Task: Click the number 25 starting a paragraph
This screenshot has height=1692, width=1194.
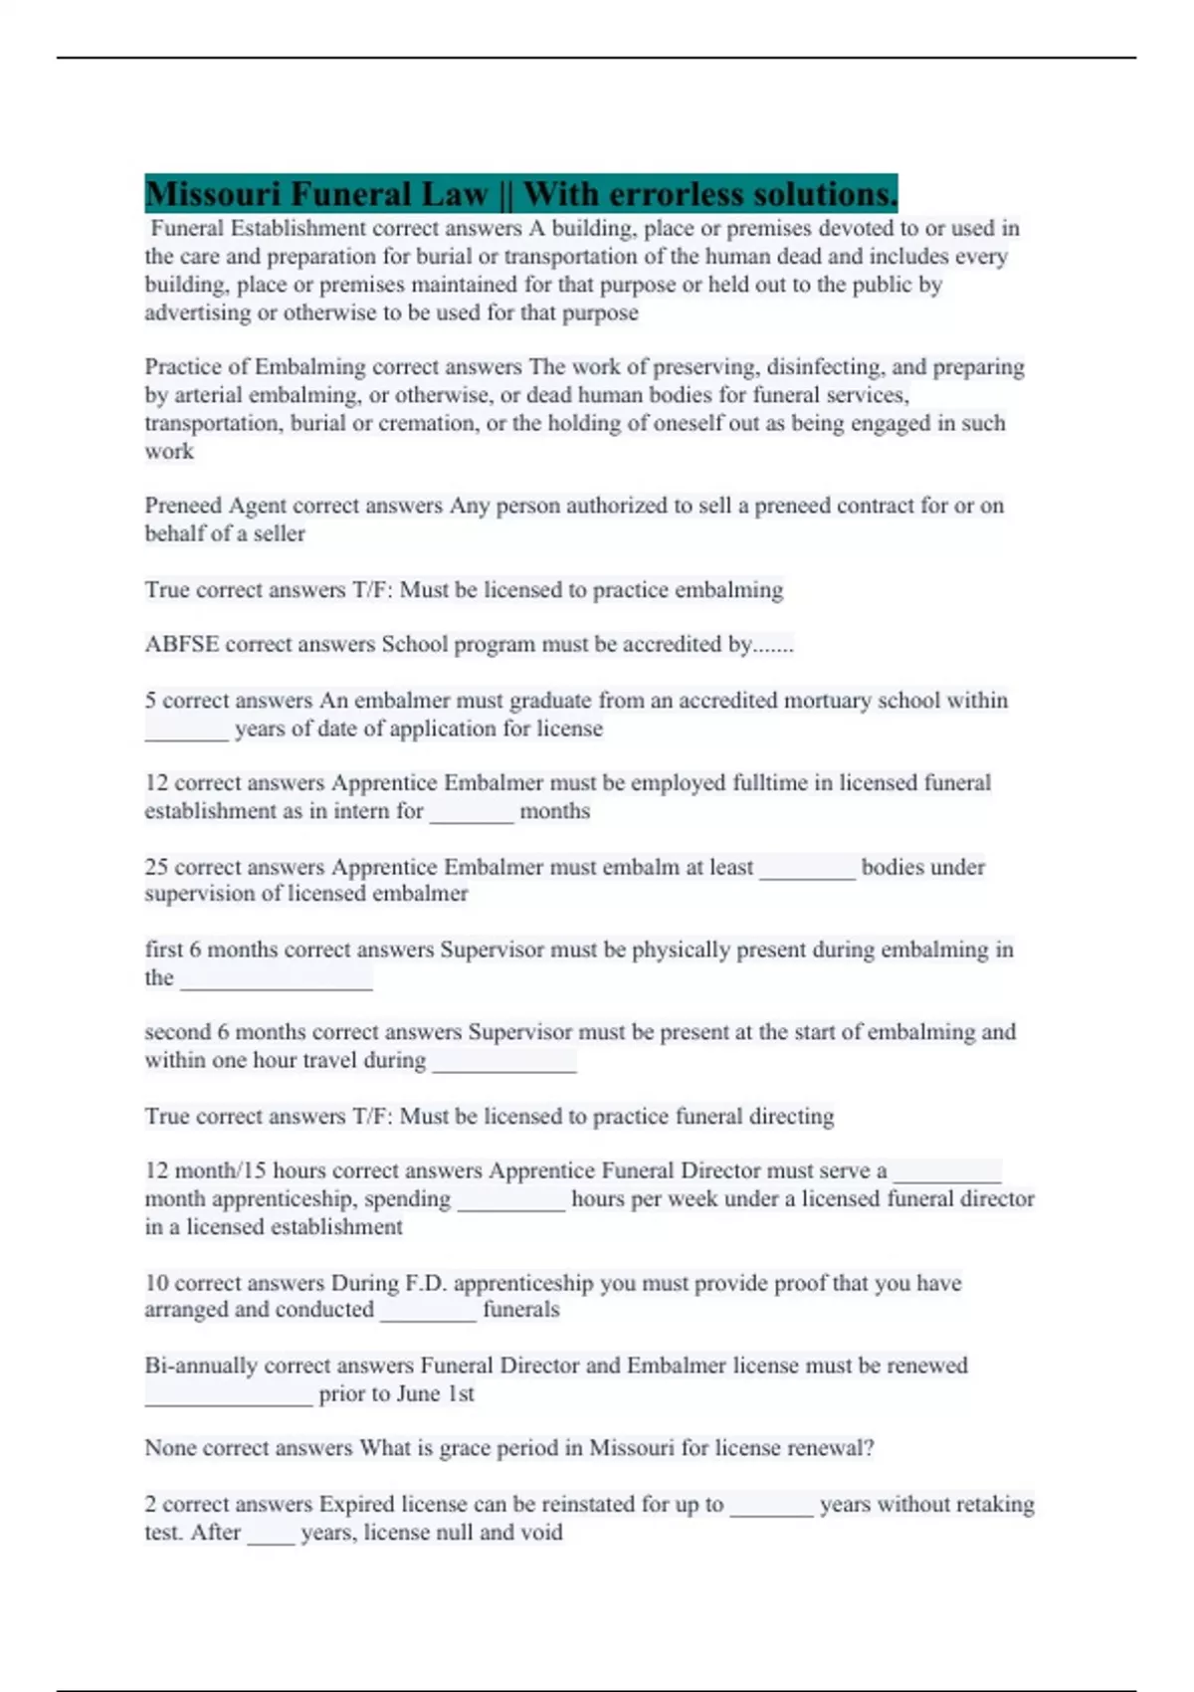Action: click(156, 867)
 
